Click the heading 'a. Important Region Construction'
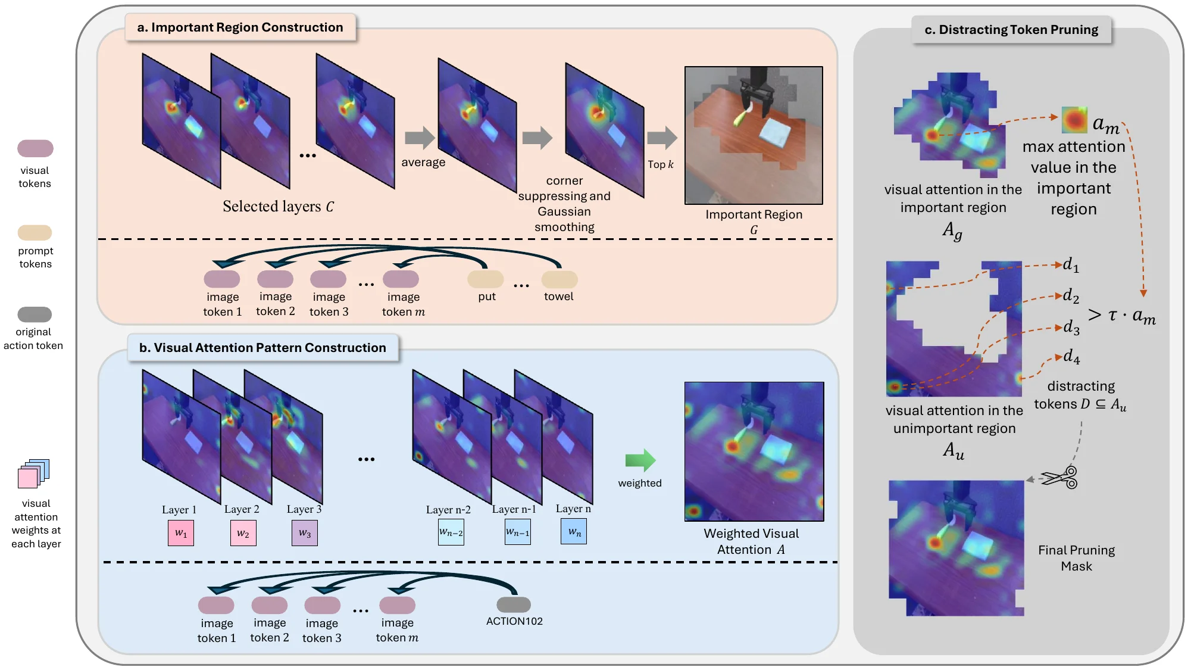pos(240,27)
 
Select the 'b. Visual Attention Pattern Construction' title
pos(262,348)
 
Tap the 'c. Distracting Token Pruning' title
pos(1011,30)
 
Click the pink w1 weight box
pos(181,533)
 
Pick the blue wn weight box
pos(574,532)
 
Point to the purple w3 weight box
pos(305,533)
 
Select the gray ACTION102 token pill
pos(514,604)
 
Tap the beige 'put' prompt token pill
pos(486,279)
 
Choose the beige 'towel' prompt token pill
pos(559,279)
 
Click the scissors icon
pos(1061,478)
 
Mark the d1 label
pos(1071,264)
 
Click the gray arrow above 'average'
pos(420,138)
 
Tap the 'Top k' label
pos(661,164)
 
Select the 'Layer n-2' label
pos(448,510)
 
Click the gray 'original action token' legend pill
pos(35,314)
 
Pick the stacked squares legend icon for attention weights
pos(33,474)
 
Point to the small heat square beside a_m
pos(1074,120)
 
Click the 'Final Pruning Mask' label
pos(1076,558)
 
